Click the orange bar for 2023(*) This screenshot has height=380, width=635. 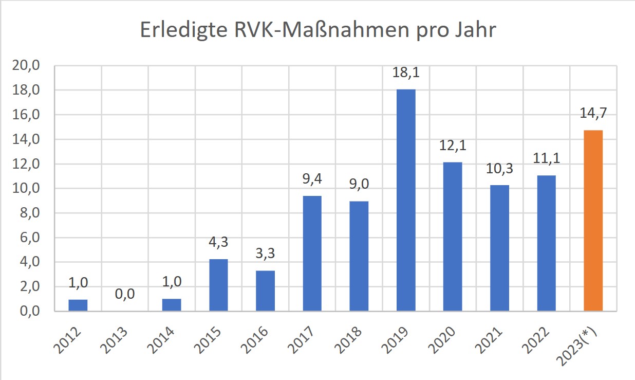point(593,221)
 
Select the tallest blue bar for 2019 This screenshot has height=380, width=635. point(406,200)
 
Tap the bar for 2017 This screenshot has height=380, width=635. point(312,254)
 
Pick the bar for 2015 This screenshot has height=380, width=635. point(218,285)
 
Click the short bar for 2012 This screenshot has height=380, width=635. point(78,305)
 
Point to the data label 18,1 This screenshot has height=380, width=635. point(406,73)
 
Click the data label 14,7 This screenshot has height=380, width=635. point(593,114)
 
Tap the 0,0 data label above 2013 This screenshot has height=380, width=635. point(125,294)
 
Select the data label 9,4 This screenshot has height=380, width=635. point(312,179)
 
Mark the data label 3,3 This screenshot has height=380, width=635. point(265,254)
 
